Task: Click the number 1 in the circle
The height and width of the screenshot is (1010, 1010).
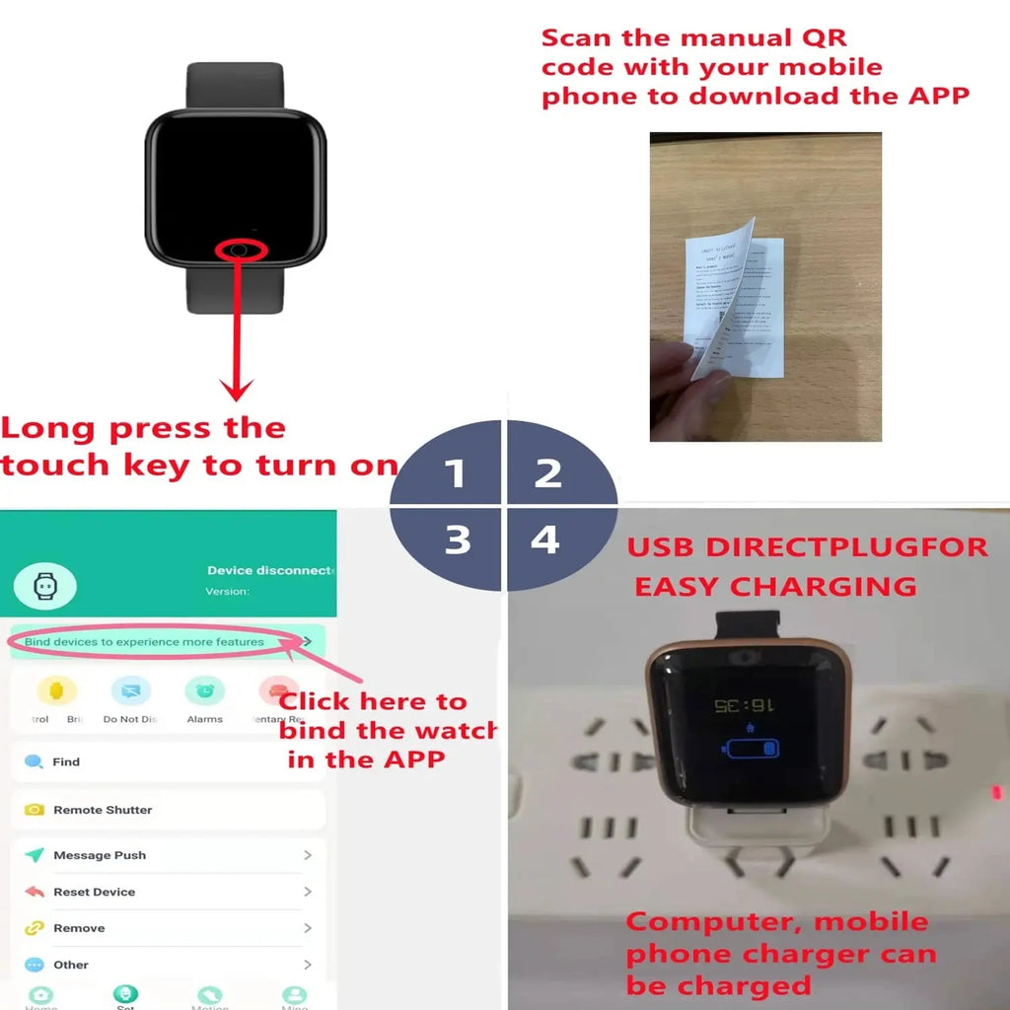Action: pyautogui.click(x=455, y=473)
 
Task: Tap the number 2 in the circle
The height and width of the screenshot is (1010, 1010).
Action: pyautogui.click(x=548, y=473)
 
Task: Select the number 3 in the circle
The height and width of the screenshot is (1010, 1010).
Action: pyautogui.click(x=458, y=540)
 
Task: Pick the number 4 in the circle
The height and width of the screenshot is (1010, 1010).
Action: pyautogui.click(x=544, y=540)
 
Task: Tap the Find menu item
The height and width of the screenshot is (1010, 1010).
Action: pyautogui.click(x=66, y=761)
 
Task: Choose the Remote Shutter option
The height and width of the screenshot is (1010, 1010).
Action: pyautogui.click(x=103, y=810)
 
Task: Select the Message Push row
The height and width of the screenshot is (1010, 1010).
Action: pyautogui.click(x=100, y=855)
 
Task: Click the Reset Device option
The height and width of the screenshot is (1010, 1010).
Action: pyautogui.click(x=94, y=892)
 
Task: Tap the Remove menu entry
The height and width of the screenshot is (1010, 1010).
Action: pyautogui.click(x=79, y=928)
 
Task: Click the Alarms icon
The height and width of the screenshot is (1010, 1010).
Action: pyautogui.click(x=204, y=691)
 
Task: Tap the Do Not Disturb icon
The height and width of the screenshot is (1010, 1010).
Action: pyautogui.click(x=130, y=691)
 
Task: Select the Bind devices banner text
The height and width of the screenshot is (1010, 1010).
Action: pyautogui.click(x=144, y=642)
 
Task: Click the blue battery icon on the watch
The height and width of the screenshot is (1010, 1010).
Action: pyautogui.click(x=751, y=747)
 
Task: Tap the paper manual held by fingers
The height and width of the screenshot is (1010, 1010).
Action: pyautogui.click(x=735, y=296)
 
